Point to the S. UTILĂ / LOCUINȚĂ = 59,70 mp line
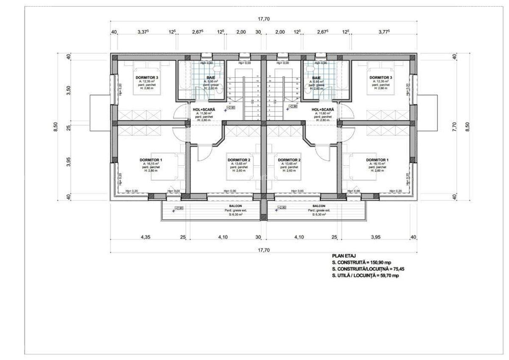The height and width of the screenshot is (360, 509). point(365,276)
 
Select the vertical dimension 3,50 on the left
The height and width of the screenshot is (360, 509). point(69,91)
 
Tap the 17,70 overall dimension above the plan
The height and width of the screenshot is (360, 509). point(263,19)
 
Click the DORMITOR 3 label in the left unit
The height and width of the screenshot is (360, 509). point(147,78)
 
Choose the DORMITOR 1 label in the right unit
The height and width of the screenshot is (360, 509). point(378,160)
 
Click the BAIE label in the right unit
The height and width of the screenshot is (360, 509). point(316,78)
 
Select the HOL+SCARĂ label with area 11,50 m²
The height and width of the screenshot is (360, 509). point(204,110)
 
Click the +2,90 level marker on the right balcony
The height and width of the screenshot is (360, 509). point(282,208)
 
